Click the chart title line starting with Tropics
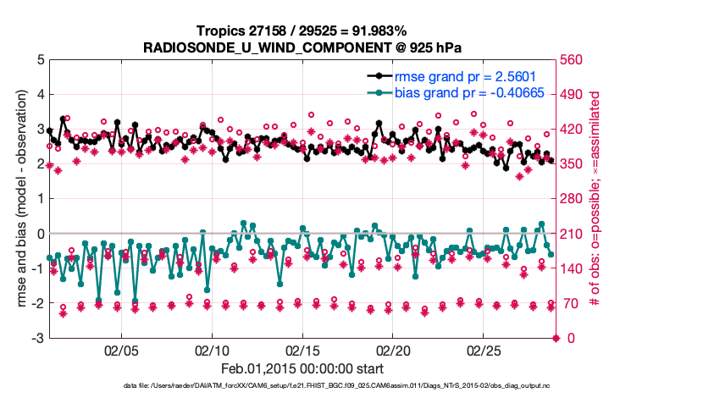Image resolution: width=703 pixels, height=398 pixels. [x=301, y=30]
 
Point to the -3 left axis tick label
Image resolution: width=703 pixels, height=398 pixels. [x=37, y=339]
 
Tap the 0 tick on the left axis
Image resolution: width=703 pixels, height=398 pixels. [x=40, y=234]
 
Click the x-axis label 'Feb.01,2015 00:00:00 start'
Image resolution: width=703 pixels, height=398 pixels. [x=302, y=369]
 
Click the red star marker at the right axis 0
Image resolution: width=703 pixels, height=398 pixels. [x=556, y=339]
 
